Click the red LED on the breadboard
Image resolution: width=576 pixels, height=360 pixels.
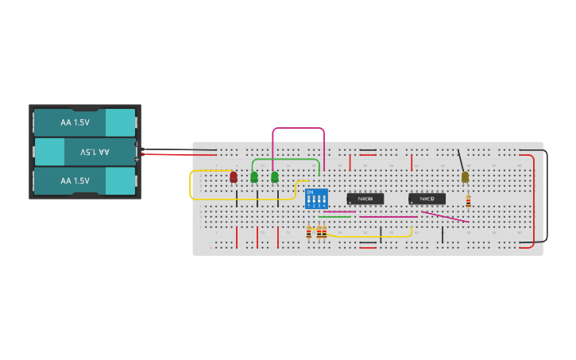tap(233, 176)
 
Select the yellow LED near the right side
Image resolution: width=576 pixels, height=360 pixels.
tap(465, 177)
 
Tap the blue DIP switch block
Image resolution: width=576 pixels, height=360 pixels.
tap(315, 199)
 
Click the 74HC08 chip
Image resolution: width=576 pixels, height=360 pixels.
tap(365, 199)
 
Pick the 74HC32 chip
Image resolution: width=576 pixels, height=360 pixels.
tap(427, 199)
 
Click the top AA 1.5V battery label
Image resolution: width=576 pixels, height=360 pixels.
tap(75, 122)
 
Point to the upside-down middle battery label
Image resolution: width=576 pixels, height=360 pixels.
tap(95, 152)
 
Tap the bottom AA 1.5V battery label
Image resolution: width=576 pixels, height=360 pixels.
tap(75, 180)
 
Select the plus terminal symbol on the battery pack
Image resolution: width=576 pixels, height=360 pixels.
tap(137, 159)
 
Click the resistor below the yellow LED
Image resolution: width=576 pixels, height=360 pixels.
tap(468, 202)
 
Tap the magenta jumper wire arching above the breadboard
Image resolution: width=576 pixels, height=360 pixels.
tap(298, 128)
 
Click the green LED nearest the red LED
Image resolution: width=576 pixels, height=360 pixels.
tap(254, 176)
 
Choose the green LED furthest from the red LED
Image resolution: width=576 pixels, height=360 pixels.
tap(275, 176)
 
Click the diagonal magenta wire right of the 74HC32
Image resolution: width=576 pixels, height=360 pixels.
tap(445, 216)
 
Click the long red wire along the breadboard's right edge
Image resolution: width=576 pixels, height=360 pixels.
tap(534, 199)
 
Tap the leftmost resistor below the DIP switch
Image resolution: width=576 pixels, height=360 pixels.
tap(308, 232)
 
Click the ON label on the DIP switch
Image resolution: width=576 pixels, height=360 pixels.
tap(309, 192)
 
